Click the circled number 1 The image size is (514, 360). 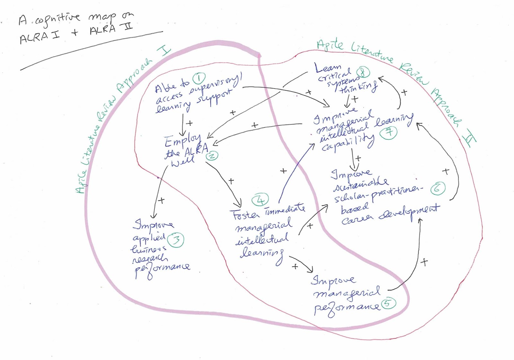(x=199, y=78)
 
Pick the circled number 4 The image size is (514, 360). (x=260, y=200)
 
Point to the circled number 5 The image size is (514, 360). (x=388, y=303)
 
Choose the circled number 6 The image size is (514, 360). (x=438, y=189)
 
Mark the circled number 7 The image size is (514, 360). (x=389, y=132)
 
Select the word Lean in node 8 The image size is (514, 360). (x=328, y=68)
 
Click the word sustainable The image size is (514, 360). (x=360, y=184)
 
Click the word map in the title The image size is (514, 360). (x=102, y=18)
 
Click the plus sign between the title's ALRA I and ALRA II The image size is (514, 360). (x=75, y=32)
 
